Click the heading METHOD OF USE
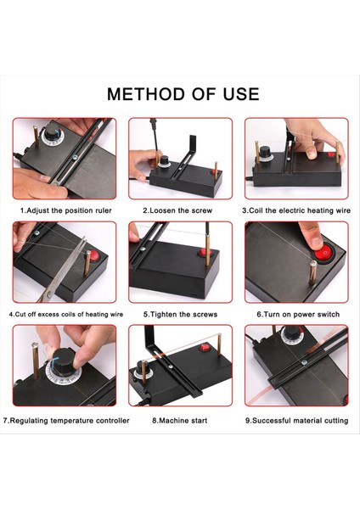183,94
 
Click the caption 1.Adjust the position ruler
66,210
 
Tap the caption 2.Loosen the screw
177,210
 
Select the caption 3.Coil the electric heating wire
296,210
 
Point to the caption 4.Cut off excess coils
66,314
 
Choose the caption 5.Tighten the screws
180,314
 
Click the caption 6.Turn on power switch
298,314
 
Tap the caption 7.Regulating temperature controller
66,421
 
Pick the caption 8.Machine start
180,421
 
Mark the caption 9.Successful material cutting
296,421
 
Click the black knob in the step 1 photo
52,131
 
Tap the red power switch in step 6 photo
323,252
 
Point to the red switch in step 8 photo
205,348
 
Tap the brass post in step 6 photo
313,272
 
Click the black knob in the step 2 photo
165,160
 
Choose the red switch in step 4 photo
93,255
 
